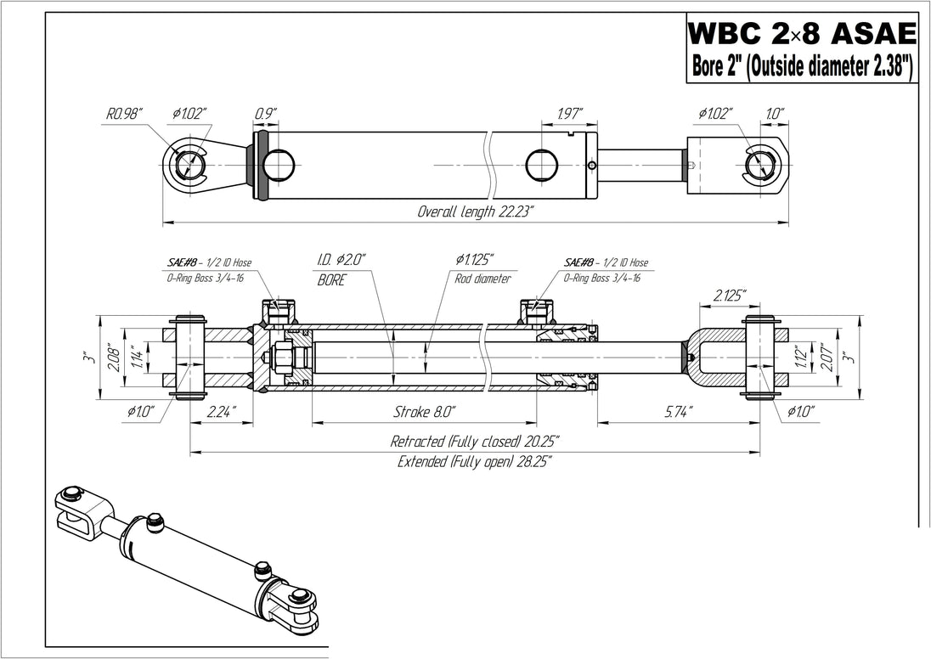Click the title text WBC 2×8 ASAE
801,35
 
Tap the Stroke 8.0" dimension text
425,412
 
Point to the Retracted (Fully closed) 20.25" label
475,442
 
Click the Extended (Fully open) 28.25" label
475,462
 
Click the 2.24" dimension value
221,412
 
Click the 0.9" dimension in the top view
266,112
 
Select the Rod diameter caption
482,279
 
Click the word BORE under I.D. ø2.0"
331,279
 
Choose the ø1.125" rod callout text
474,262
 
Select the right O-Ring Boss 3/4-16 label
602,278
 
